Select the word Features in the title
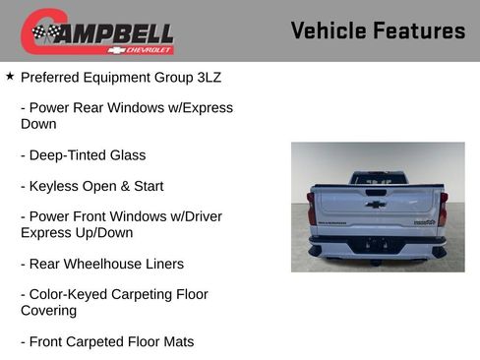(419, 30)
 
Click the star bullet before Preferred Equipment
(10, 75)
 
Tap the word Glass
(127, 155)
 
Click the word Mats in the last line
(174, 341)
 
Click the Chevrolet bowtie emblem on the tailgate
(376, 205)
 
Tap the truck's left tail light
(312, 209)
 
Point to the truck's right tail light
(442, 209)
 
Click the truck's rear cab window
(377, 179)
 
